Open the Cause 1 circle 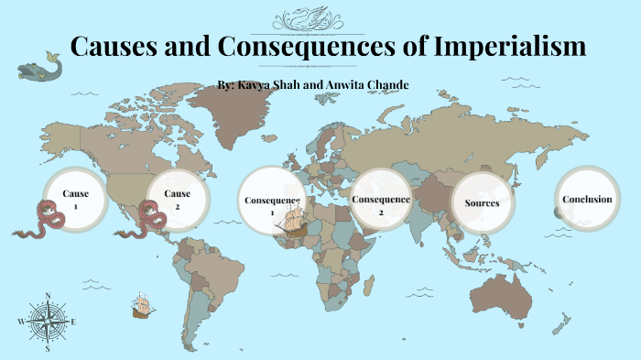tap(76, 199)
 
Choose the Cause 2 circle tap(178, 199)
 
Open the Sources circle tap(482, 202)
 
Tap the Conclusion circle tap(587, 200)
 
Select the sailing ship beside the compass tap(142, 305)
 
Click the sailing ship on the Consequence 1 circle tap(295, 221)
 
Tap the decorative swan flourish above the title tap(320, 16)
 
